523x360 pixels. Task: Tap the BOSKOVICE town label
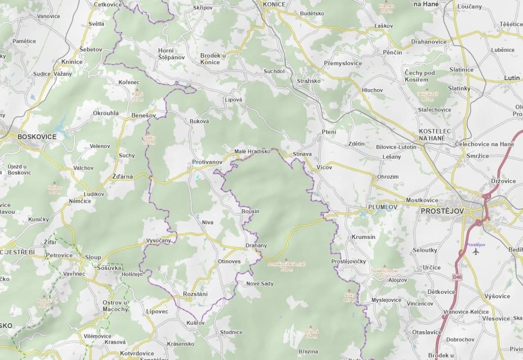click(x=36, y=136)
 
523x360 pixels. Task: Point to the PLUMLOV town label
click(x=383, y=207)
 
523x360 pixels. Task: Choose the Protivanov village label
click(x=207, y=162)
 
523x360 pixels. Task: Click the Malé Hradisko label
click(x=252, y=152)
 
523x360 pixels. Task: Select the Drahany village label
click(x=256, y=246)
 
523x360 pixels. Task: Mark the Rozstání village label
click(x=195, y=294)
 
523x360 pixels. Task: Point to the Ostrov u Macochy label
click(x=115, y=306)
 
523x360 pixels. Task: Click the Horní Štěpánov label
click(x=171, y=54)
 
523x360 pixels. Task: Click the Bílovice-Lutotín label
click(x=396, y=147)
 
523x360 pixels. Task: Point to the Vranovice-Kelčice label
click(x=466, y=312)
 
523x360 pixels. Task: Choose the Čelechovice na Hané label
click(x=484, y=144)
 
